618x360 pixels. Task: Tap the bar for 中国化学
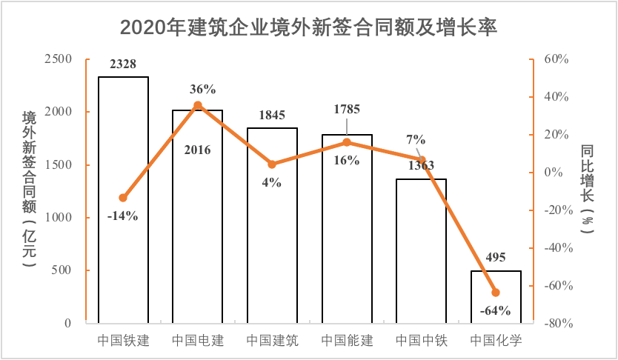pos(496,297)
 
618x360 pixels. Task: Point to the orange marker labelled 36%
pos(198,105)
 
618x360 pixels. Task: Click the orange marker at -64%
pos(496,293)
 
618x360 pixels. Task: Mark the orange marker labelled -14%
pos(123,198)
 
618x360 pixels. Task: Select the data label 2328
pos(123,64)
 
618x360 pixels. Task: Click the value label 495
pos(496,258)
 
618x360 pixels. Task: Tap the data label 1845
pos(272,116)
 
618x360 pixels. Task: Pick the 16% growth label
pos(346,160)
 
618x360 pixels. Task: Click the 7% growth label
pos(416,139)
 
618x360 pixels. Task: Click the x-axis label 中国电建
pos(198,341)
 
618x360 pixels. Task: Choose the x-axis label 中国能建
pos(346,341)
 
